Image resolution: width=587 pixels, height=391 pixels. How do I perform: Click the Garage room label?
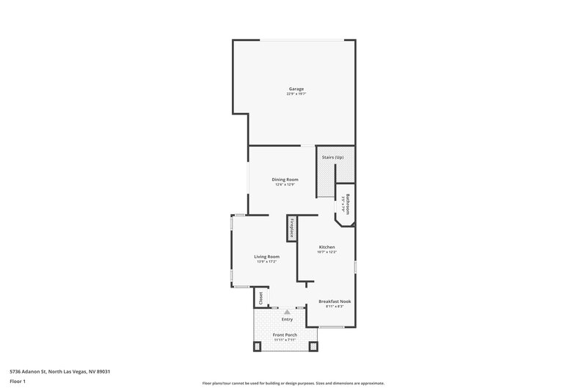[296, 89]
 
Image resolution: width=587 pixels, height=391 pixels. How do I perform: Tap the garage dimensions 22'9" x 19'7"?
[296, 94]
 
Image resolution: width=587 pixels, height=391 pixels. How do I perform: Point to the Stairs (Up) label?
[334, 156]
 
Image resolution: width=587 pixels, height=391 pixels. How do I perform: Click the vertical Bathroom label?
[348, 204]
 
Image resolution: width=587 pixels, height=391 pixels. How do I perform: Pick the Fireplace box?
[292, 228]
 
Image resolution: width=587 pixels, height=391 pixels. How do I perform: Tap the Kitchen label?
[327, 246]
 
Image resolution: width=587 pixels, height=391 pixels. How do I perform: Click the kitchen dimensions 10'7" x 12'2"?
[327, 252]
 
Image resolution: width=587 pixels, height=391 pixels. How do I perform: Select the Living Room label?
[267, 256]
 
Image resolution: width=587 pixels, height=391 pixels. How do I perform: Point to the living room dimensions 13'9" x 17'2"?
[267, 261]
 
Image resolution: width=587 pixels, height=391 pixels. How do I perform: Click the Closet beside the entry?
[260, 298]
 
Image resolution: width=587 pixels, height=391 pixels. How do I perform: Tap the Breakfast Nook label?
[335, 301]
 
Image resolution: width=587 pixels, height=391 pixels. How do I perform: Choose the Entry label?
[287, 319]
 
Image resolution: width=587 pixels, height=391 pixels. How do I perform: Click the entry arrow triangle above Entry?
[287, 312]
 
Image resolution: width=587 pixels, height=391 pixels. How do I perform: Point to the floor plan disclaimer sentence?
[293, 383]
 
